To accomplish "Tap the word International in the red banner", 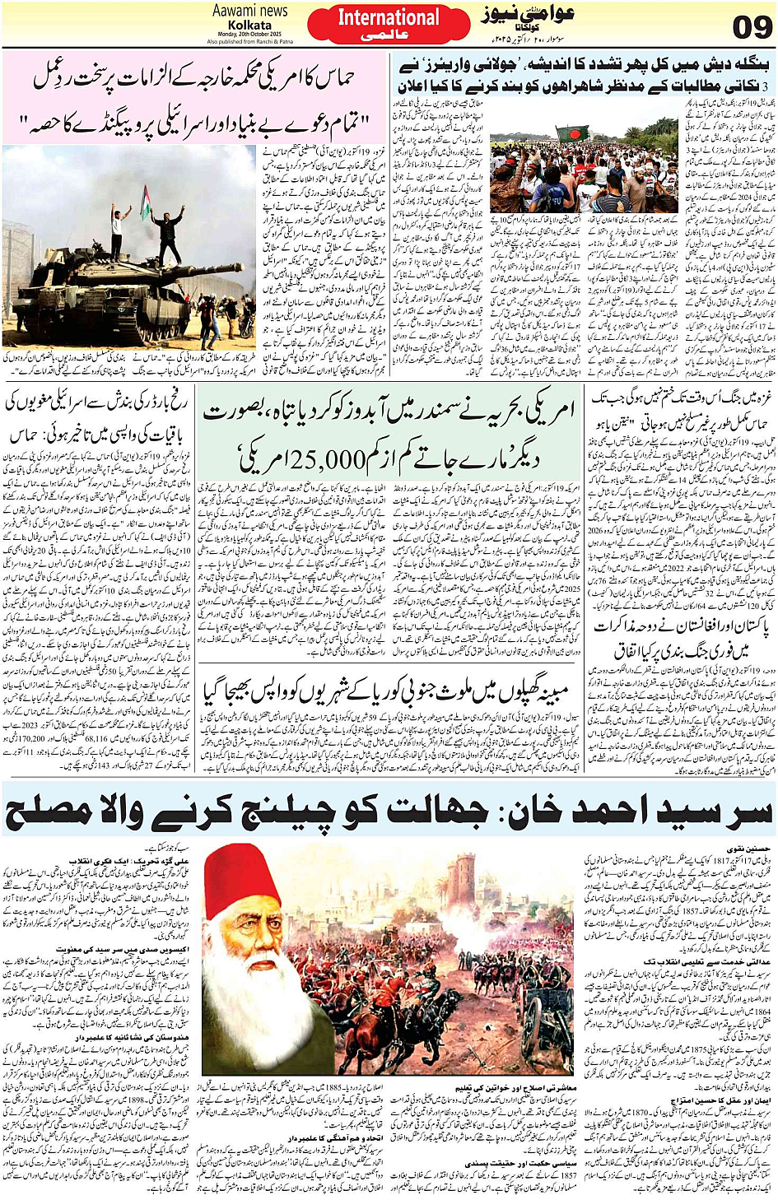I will pyautogui.click(x=389, y=17).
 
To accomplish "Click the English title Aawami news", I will pyautogui.click(x=250, y=11).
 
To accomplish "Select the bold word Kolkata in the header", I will pyautogui.click(x=249, y=25).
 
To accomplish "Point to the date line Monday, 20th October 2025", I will pyautogui.click(x=249, y=34).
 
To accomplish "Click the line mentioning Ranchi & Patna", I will pyautogui.click(x=249, y=41).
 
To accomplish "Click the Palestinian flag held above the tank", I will pyautogui.click(x=147, y=202).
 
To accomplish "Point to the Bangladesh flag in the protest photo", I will pyautogui.click(x=572, y=134).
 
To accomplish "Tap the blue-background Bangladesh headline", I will pyautogui.click(x=583, y=75).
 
